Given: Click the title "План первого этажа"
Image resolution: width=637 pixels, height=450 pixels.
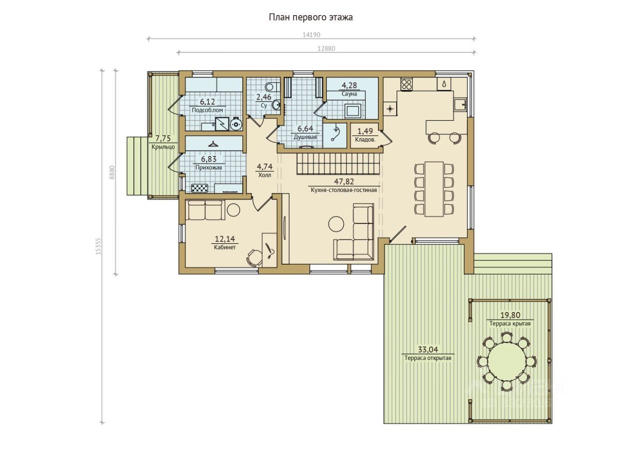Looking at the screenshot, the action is (x=311, y=17).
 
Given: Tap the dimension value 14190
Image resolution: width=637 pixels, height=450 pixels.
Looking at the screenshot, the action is (x=312, y=35).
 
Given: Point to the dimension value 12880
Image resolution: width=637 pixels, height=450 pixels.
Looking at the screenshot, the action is (x=326, y=49).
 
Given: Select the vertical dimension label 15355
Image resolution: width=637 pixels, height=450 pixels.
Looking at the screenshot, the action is (x=99, y=246).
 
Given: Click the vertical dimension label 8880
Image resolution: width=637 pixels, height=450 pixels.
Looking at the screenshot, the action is (x=112, y=172).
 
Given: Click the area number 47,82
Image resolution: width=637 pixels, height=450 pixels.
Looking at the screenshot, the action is (x=344, y=182).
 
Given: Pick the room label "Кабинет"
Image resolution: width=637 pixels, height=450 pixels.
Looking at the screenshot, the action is (x=224, y=247).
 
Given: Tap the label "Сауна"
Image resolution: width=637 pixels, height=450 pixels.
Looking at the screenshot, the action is (x=349, y=94).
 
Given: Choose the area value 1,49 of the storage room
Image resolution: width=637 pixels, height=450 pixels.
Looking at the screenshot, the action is (x=365, y=131).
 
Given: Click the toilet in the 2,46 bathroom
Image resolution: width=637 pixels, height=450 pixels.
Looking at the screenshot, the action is (x=272, y=85).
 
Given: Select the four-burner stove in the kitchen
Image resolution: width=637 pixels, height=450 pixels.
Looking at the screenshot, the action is (x=407, y=84).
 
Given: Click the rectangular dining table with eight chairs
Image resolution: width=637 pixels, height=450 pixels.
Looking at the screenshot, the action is (x=434, y=189).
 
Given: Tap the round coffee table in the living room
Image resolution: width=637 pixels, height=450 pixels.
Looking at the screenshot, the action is (x=336, y=224).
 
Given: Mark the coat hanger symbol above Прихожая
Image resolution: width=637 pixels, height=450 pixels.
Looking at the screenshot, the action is (x=212, y=144).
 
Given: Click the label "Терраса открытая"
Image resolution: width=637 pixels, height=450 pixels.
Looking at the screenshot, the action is (x=427, y=358).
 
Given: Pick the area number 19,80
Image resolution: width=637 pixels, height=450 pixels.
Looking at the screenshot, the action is (x=510, y=315).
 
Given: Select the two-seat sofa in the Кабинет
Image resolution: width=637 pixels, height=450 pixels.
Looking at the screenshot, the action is (x=205, y=210).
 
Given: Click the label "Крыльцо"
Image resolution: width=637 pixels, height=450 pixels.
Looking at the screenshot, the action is (x=163, y=147).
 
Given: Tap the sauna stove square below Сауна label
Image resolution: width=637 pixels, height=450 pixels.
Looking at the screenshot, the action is (x=353, y=111).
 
